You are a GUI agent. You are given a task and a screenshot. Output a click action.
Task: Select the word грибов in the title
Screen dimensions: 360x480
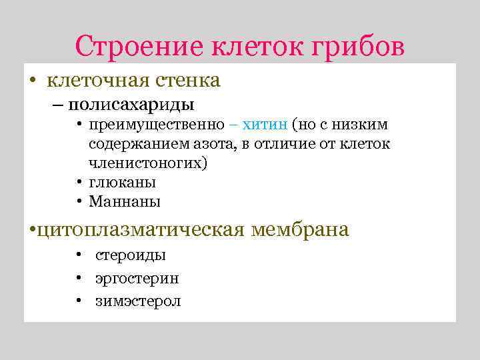359,47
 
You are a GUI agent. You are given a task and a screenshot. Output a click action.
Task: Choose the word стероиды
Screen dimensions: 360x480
131,255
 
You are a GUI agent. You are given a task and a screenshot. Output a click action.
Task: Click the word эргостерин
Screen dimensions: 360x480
137,279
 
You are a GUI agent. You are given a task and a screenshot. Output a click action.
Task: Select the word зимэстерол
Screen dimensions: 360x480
138,301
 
